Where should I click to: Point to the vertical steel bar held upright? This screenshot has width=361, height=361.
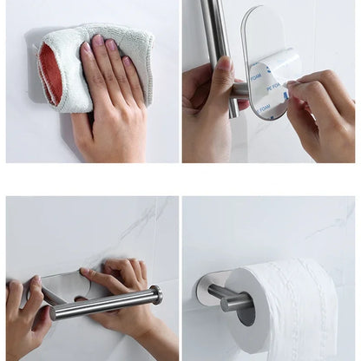[x=213, y=35]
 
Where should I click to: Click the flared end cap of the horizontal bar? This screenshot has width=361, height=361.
[x=156, y=295]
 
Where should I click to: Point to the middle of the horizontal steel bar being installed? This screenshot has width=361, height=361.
[x=104, y=305]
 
